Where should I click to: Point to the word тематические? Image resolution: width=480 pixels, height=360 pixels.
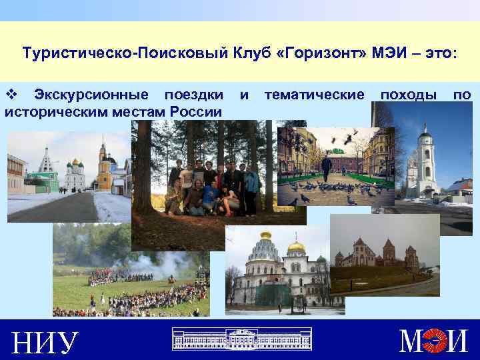(315, 95)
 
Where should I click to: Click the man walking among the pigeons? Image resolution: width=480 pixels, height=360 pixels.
(326, 167)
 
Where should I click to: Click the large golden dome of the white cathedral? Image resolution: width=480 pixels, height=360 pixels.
(296, 249)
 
